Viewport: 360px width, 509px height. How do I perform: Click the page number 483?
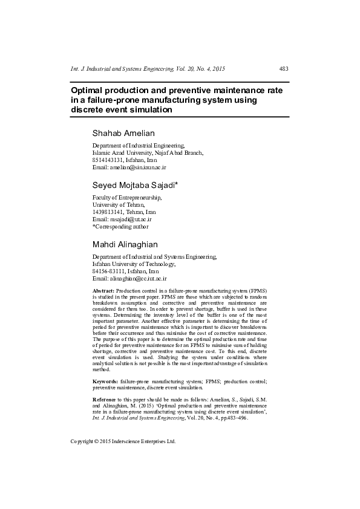click(284, 69)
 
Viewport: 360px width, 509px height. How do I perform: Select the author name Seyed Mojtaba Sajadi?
click(134, 184)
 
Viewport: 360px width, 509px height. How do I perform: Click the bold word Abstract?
click(103, 291)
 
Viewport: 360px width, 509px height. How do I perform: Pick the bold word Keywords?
click(105, 382)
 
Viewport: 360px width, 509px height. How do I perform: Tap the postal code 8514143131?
click(107, 160)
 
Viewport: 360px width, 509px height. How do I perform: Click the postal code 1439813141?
click(107, 212)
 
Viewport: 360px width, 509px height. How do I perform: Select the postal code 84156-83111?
click(109, 271)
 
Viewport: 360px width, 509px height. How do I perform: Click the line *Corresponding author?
click(120, 227)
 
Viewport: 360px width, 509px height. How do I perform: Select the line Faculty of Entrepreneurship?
click(126, 198)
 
